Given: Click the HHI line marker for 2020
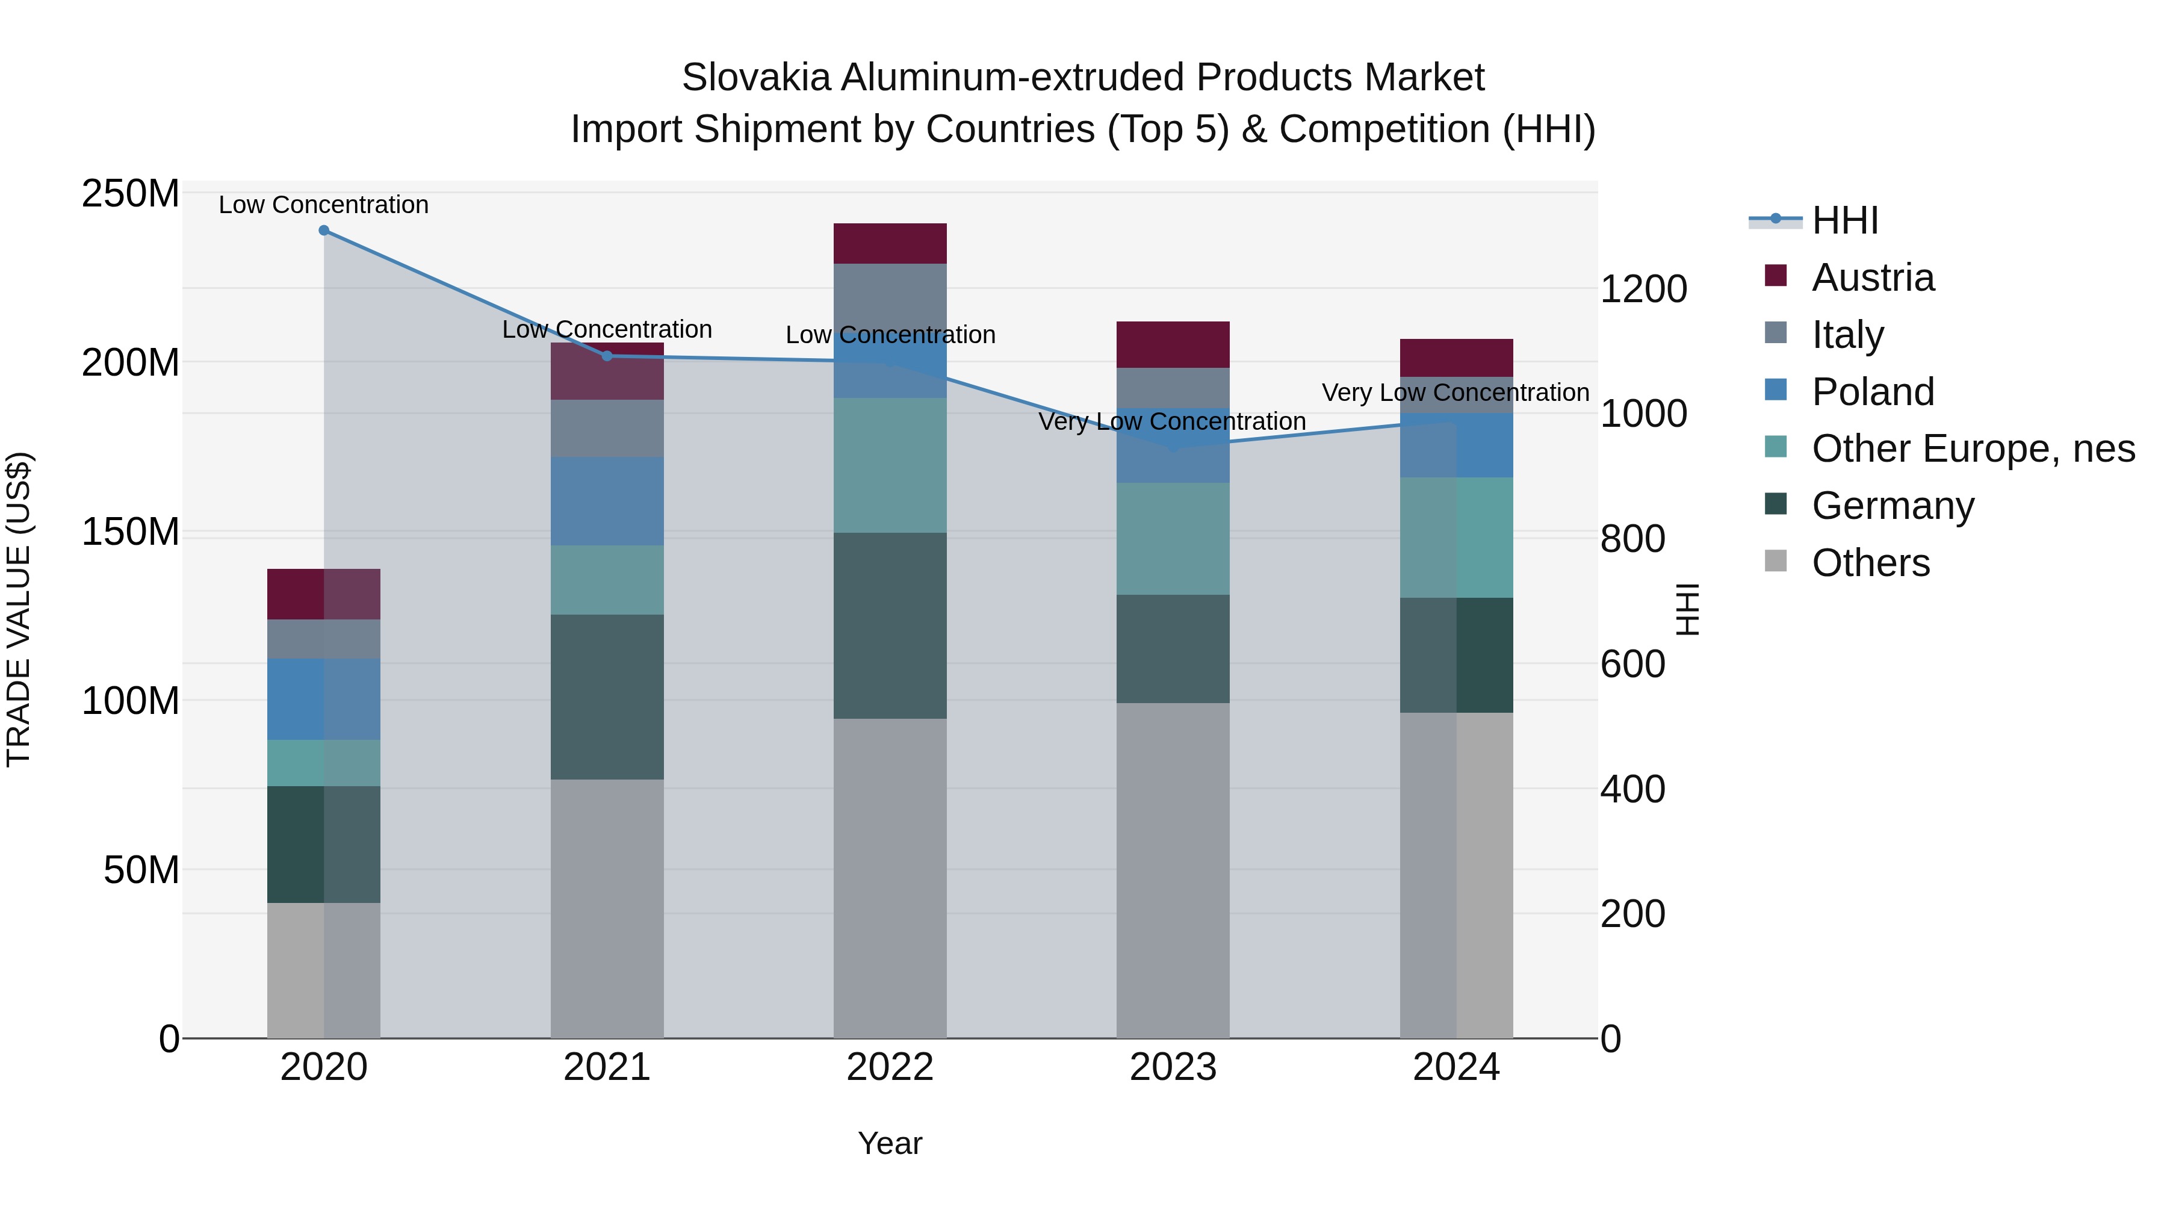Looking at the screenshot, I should coord(324,231).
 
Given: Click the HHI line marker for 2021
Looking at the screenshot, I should coord(607,356).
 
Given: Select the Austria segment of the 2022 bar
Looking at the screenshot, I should coord(890,244).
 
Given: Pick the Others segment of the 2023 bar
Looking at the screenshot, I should coord(1173,870).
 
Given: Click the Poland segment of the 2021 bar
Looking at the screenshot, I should coord(607,501).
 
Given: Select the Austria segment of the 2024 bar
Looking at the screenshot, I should coord(1456,358).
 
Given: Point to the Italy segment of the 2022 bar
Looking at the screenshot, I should coord(890,294).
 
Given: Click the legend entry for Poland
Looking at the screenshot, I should coord(1873,392).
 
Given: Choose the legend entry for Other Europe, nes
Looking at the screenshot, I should coord(1973,449).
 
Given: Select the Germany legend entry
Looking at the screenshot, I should coord(1892,506).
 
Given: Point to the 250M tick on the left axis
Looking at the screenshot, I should coord(131,194).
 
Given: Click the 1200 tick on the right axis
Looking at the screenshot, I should coord(1643,290).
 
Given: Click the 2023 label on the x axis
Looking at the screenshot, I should coord(1173,1067).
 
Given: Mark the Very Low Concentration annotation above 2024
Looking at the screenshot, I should coord(1456,393).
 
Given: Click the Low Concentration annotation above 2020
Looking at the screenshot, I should coord(324,205).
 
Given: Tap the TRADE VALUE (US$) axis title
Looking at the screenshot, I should coord(19,609).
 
